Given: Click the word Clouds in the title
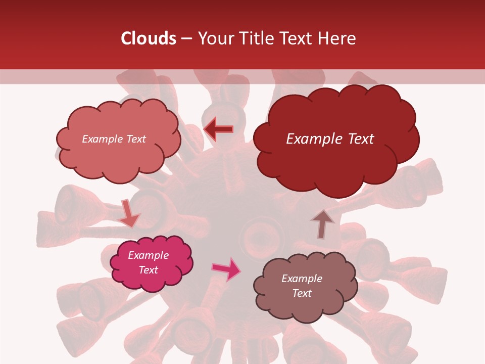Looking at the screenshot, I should (x=148, y=38).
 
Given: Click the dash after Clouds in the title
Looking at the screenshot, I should (x=186, y=39).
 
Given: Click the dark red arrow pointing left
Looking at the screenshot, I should (x=218, y=129).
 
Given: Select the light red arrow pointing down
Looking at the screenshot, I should (x=128, y=214).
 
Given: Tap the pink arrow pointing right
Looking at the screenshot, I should (x=227, y=269).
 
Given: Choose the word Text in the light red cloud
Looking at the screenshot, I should (x=136, y=139).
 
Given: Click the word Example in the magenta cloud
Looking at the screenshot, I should (x=148, y=255).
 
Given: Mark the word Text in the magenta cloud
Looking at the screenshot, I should (x=149, y=270).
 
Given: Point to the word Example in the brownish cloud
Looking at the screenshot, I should (x=302, y=279).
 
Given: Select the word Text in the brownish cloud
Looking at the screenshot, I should (x=302, y=293).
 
